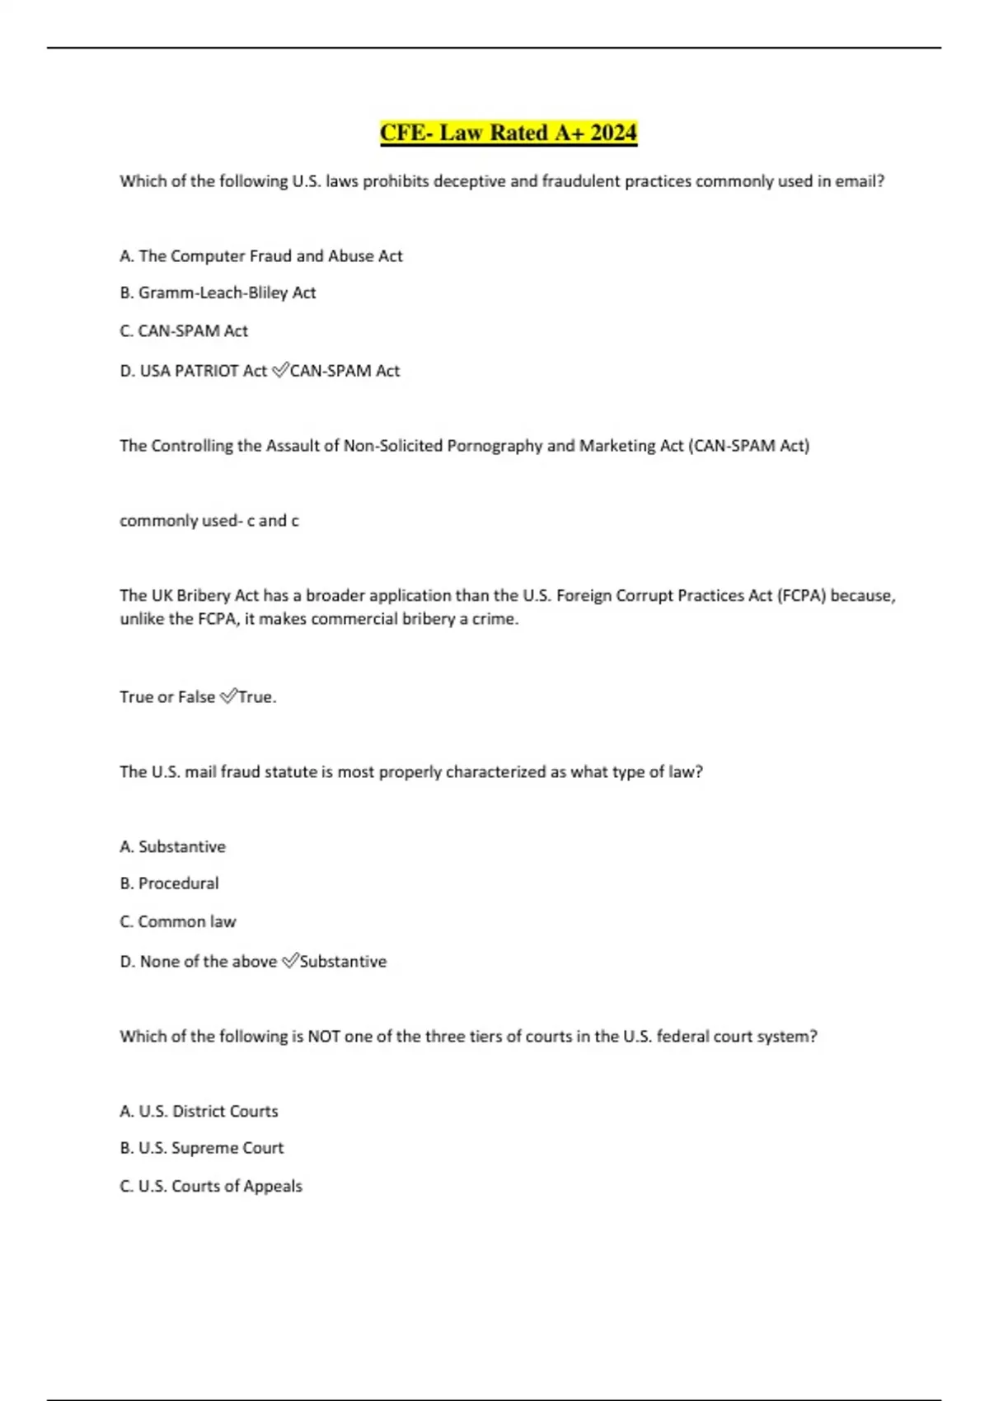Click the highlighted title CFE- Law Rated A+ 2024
pos(508,133)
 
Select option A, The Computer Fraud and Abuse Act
pos(260,256)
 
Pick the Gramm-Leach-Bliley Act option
pos(218,293)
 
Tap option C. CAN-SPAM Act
pos(183,331)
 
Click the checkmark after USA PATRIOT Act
pos(279,371)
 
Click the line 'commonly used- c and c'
pos(209,521)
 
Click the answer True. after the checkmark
pos(257,697)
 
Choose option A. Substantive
pos(172,847)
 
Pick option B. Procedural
pos(169,883)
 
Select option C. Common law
pos(177,922)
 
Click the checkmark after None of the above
pos(289,962)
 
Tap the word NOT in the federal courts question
pos(324,1037)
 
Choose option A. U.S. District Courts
pos(199,1112)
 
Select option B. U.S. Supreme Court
pos(201,1148)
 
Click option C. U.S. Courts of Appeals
pos(211,1187)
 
